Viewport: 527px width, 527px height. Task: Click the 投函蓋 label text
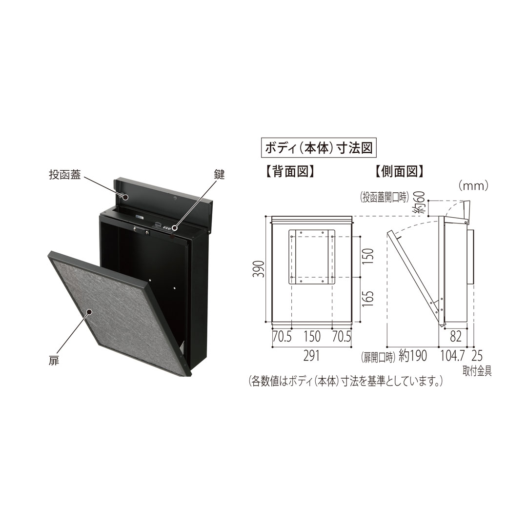(65, 176)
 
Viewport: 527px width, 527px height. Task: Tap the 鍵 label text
(219, 174)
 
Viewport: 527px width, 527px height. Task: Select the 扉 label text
(54, 362)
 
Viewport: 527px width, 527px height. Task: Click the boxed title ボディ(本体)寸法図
(319, 148)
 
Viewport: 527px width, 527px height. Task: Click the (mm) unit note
(472, 186)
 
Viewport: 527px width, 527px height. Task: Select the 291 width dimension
(311, 356)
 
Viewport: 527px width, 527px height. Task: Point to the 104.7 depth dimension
(453, 356)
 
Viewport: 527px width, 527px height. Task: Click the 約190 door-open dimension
(412, 356)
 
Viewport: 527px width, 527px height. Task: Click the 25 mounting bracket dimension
(477, 356)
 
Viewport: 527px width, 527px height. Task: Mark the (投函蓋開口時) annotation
(385, 197)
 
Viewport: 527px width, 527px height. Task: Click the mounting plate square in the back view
(311, 257)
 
